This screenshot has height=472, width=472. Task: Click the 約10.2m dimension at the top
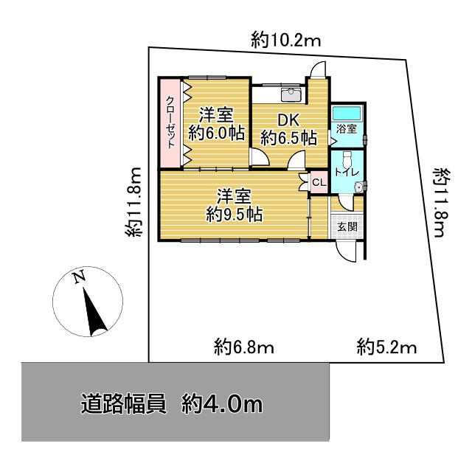click(286, 40)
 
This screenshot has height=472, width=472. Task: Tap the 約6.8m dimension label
click(244, 347)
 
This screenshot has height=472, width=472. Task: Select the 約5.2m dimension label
click(386, 347)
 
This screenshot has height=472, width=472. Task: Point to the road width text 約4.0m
click(221, 405)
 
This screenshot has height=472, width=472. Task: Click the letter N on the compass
click(79, 277)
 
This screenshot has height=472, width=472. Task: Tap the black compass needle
click(94, 311)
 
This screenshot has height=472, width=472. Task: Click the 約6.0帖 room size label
click(216, 133)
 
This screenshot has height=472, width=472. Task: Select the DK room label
click(288, 121)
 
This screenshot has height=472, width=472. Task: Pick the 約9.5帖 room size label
click(235, 215)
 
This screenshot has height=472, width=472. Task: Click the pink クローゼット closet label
click(170, 122)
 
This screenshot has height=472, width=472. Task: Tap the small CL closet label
click(319, 182)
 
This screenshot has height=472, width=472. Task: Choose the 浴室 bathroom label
click(347, 129)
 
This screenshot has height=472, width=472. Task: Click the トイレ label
click(347, 173)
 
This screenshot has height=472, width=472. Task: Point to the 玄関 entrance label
click(347, 226)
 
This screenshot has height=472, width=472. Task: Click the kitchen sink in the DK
click(291, 94)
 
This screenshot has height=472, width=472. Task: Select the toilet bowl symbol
click(347, 159)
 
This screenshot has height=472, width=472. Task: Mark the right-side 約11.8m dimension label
click(441, 203)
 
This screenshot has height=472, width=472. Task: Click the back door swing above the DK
click(319, 70)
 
